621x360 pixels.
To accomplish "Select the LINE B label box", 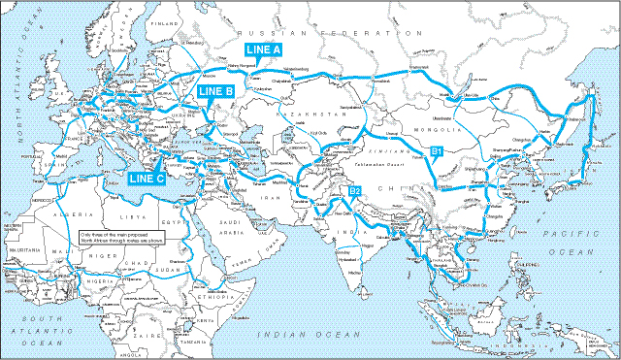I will [x=215, y=91].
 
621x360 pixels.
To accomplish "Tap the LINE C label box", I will [x=147, y=178].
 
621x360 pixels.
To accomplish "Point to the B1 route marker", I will [x=437, y=151].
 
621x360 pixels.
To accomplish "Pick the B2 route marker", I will [x=355, y=191].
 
